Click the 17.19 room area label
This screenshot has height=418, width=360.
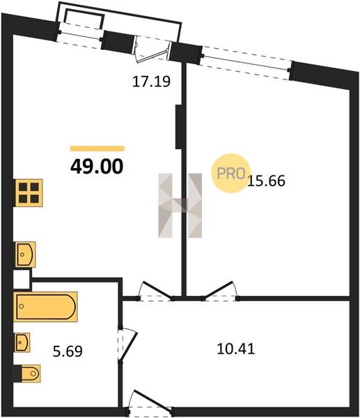pos(151,82)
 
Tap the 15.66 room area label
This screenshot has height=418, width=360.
pos(267,180)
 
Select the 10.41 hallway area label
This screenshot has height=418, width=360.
pos(236,349)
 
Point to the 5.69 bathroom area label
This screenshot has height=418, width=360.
pos(68,351)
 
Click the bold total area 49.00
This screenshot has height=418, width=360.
pos(97,167)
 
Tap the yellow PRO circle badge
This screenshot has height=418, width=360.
pos(230,173)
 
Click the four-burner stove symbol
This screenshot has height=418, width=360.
pos(29,193)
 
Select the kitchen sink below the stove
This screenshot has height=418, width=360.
pos(25,254)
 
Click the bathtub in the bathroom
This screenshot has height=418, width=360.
pos(45,307)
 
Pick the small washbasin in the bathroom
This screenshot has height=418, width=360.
pos(22,342)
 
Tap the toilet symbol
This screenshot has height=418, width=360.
pos(27,373)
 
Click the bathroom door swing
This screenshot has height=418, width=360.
pos(128,345)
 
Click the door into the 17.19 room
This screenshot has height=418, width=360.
pos(155,291)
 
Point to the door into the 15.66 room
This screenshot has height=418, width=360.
pos(220,291)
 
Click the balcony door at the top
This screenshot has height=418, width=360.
pos(152,49)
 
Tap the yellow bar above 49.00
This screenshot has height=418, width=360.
pos(97,148)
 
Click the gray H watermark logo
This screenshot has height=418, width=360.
pos(180,206)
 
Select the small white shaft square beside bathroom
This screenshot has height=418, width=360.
pos(22,279)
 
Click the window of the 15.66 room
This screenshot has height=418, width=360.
pos(246,63)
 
